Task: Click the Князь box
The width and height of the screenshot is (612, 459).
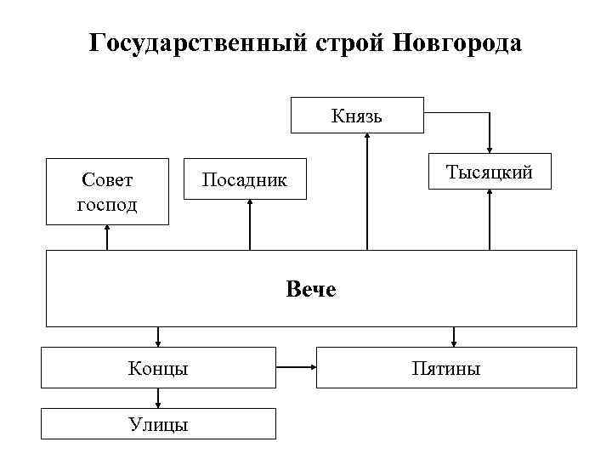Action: point(357,116)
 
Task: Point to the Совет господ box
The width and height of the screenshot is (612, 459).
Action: point(107,191)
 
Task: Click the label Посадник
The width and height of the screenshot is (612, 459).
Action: point(245,179)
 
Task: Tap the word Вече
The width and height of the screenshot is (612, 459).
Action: point(311,290)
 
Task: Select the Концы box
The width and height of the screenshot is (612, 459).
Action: point(159,368)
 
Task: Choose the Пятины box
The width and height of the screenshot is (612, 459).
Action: point(446,368)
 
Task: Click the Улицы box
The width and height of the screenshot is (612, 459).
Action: point(159,424)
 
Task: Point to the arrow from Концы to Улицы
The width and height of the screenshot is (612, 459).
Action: point(159,399)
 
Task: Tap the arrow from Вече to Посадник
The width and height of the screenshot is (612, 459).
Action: point(251,225)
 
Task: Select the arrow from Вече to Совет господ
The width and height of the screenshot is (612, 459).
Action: point(107,237)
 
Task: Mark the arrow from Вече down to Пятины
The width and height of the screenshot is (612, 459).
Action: point(454,337)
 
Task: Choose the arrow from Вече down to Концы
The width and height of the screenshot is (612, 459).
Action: point(159,337)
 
